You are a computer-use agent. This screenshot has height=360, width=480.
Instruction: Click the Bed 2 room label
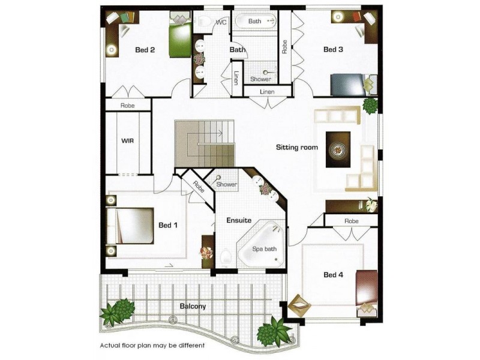145,50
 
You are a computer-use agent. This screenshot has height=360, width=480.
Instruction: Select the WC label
221,22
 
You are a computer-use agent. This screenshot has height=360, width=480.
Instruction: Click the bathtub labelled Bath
255,22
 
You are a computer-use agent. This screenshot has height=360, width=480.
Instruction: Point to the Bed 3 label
333,50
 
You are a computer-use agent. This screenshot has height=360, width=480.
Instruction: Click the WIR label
127,141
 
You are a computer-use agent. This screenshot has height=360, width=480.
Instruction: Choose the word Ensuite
239,220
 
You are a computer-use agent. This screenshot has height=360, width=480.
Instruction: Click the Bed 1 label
168,226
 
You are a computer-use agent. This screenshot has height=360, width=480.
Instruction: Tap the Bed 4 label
333,275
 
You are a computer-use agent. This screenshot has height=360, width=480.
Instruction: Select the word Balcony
193,306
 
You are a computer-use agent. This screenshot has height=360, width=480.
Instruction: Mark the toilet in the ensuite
226,257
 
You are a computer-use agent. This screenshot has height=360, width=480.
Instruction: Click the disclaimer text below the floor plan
152,346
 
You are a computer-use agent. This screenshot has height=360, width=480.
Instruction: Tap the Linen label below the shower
267,92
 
